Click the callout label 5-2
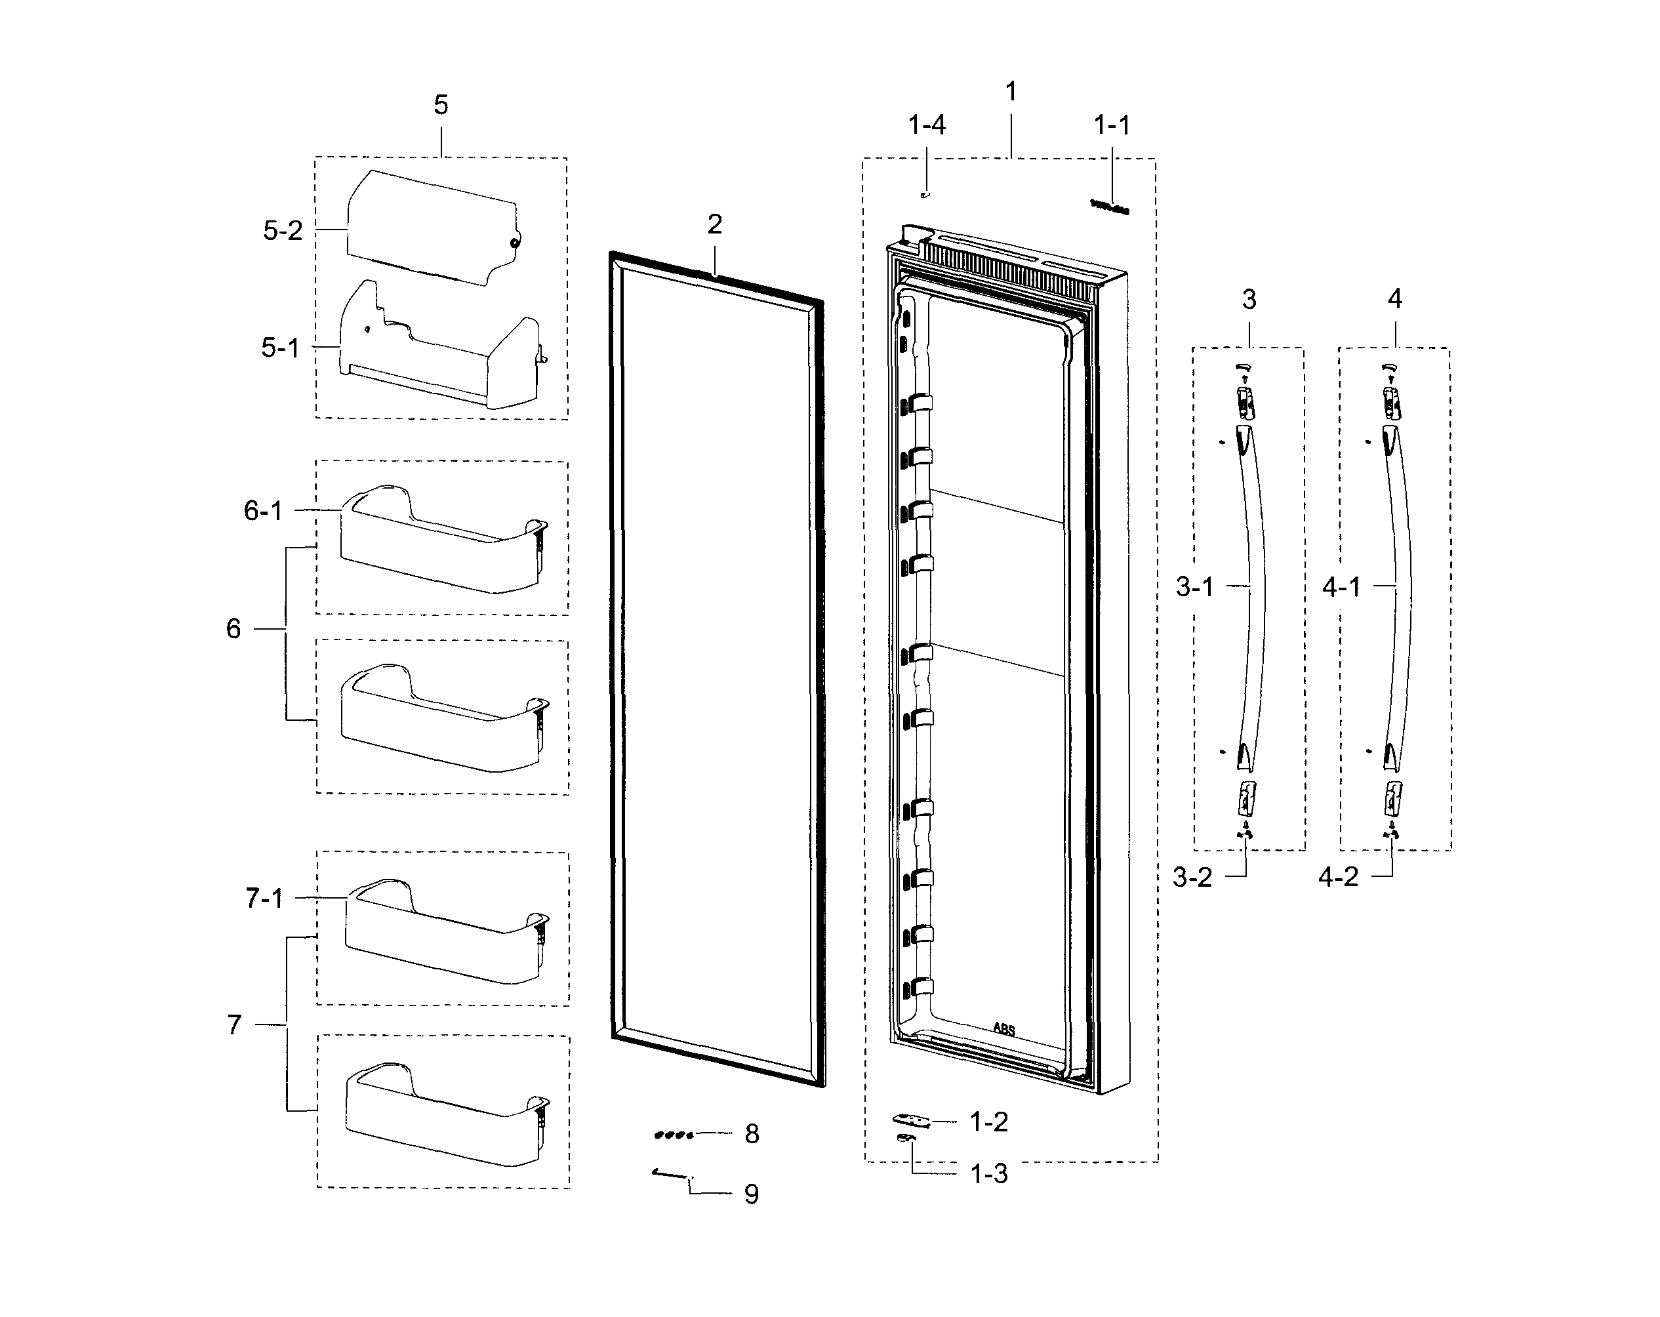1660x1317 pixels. click(x=283, y=230)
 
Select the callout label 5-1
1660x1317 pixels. click(x=279, y=348)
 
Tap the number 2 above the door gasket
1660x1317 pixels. click(x=714, y=224)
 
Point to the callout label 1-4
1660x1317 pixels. click(x=926, y=125)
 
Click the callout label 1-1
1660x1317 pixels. click(x=1112, y=125)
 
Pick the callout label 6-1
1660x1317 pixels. click(x=263, y=511)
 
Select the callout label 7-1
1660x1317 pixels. click(x=264, y=898)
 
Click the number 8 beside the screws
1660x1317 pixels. click(x=752, y=1134)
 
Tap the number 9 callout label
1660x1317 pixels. click(x=752, y=1194)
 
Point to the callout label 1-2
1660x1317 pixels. click(x=988, y=1122)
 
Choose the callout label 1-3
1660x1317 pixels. click(x=988, y=1174)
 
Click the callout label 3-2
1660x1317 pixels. click(x=1192, y=877)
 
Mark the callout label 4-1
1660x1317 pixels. click(x=1341, y=588)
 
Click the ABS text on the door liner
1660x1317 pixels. click(x=1003, y=1029)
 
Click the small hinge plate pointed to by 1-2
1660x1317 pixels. click(x=911, y=1120)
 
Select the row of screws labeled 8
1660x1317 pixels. click(x=674, y=1135)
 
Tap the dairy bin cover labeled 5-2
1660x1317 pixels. click(x=431, y=227)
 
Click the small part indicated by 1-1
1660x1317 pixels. click(x=1110, y=207)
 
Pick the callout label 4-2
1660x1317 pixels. click(x=1338, y=877)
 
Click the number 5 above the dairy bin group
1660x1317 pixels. click(x=440, y=105)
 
